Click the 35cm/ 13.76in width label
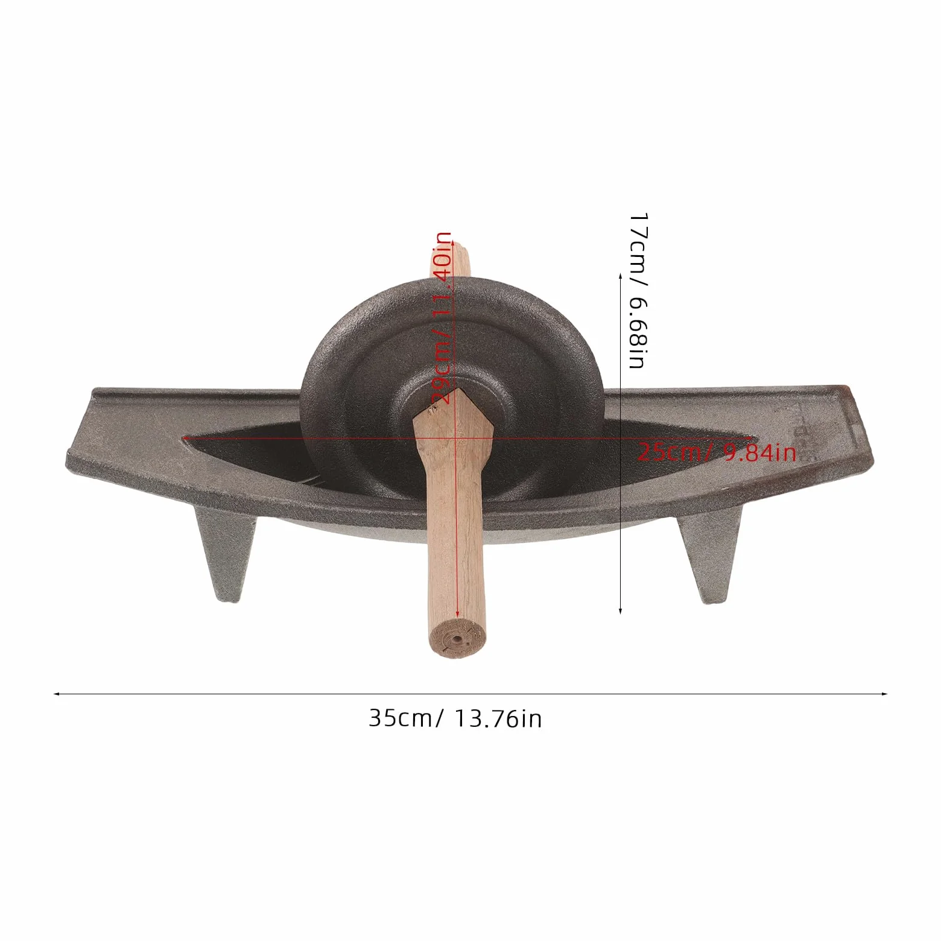[x=455, y=718]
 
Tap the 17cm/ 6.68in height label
[x=638, y=290]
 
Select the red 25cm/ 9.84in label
[x=717, y=452]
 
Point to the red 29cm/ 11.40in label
[x=442, y=318]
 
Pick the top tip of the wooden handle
[x=460, y=245]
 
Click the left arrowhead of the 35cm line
[x=57, y=694]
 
